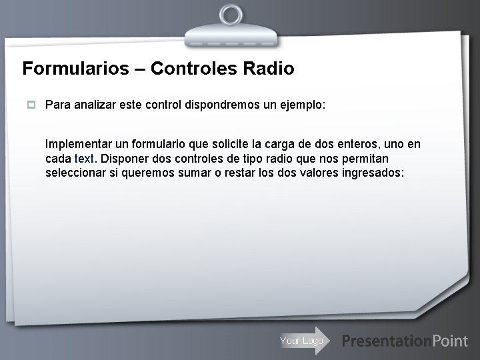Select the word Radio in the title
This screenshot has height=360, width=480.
[270, 69]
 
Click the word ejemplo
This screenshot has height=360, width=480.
[302, 105]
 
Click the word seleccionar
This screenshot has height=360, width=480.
[75, 173]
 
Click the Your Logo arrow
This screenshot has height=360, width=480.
[303, 341]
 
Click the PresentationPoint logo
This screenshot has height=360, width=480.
[405, 341]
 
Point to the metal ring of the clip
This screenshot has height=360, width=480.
[231, 15]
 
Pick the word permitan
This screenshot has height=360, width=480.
[367, 159]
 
